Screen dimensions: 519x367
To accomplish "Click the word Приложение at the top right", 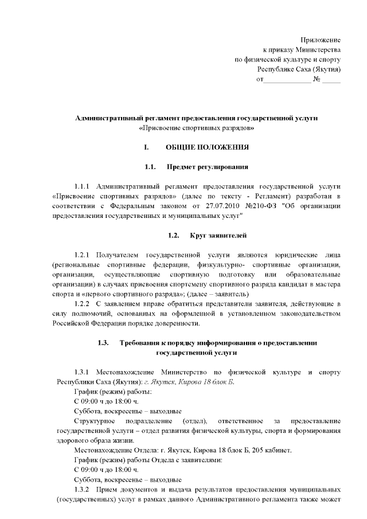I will click(321, 40).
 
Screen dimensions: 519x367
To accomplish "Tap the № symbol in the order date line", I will click(317, 79).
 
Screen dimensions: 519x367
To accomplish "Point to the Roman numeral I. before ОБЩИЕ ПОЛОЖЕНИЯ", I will click(147, 147).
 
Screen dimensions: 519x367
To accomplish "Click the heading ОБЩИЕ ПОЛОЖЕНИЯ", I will click(207, 147).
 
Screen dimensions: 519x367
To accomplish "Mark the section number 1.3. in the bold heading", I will click(103, 343).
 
